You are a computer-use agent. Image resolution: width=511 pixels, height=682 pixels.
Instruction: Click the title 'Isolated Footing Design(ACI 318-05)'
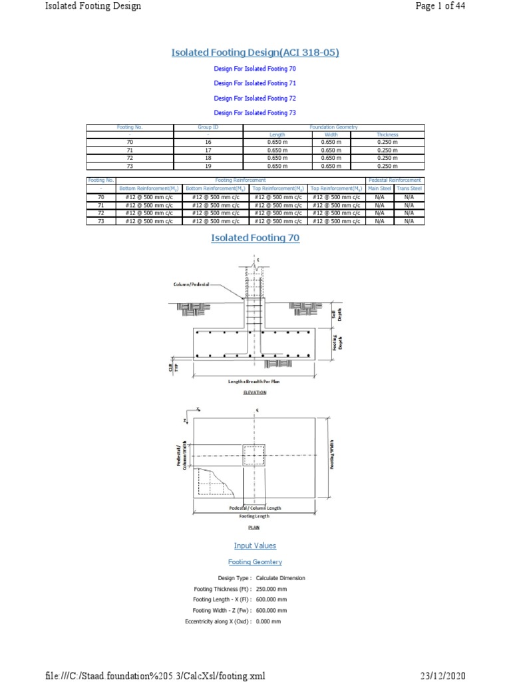pos(255,52)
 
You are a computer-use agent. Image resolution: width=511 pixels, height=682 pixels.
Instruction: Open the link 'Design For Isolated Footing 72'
pos(255,98)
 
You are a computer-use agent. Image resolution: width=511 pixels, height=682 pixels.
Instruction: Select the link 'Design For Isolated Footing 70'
pos(255,69)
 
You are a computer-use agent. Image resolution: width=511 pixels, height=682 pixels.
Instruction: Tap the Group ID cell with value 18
pos(208,159)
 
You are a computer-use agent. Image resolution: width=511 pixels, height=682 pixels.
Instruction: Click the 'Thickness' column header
pos(387,135)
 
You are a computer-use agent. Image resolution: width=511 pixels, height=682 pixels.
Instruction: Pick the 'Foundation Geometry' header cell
pos(333,127)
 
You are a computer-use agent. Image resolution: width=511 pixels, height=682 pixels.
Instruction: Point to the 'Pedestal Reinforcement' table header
pos(395,180)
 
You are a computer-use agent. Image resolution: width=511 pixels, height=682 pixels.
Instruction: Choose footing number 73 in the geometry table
pos(129,167)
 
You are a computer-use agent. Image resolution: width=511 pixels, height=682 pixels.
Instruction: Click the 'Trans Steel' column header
pos(409,188)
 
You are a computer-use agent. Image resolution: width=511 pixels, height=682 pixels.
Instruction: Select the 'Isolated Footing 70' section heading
pos(255,238)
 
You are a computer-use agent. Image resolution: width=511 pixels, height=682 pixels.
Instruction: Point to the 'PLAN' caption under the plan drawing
pos(254,526)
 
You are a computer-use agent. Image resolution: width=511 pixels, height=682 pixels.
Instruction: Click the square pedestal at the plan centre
pos(254,456)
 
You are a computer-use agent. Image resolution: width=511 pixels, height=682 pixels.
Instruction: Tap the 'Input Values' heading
pos(255,545)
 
